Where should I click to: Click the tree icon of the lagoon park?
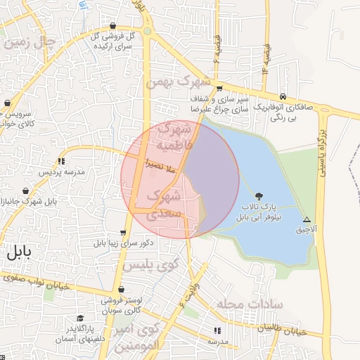261,196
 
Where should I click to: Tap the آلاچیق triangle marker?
306,219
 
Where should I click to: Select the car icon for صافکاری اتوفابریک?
283,96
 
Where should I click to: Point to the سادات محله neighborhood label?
250,304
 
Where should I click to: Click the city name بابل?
18,254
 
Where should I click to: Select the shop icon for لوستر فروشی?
122,289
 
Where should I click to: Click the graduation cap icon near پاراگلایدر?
80,318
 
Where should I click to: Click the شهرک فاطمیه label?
173,137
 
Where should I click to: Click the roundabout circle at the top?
148,32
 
